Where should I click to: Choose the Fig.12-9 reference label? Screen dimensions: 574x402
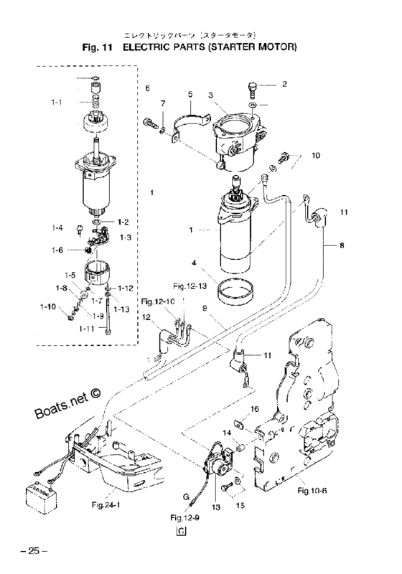tap(184, 517)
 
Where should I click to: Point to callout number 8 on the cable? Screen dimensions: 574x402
tap(340, 245)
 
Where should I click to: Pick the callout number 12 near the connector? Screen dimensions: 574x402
tap(146, 317)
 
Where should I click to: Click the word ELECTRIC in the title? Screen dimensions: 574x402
tap(151, 47)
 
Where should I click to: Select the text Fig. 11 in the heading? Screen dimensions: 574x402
tap(100, 47)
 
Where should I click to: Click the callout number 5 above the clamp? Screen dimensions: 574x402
tap(190, 94)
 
